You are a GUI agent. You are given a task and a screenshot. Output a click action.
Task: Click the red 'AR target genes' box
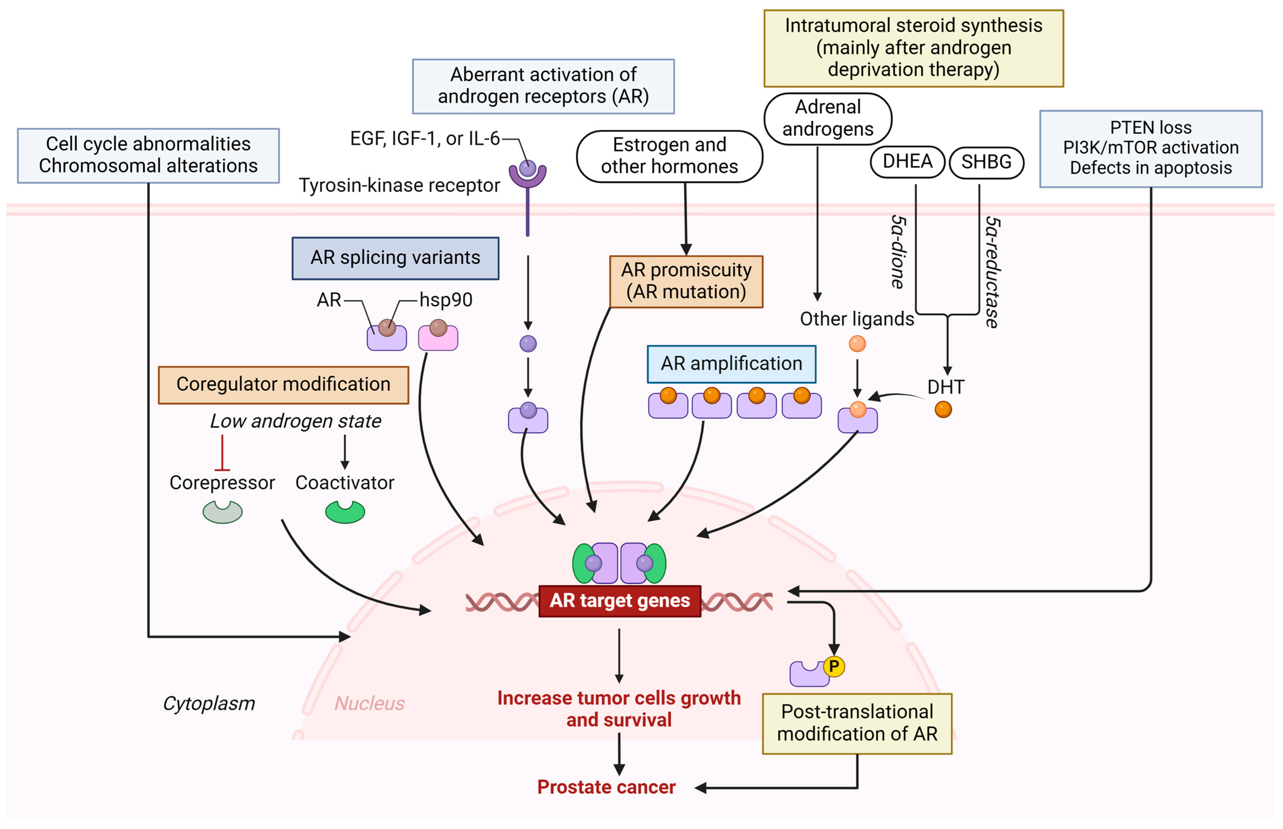tap(620, 601)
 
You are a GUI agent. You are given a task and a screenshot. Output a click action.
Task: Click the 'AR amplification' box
tap(731, 364)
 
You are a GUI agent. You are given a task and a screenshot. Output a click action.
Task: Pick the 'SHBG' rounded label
tap(986, 162)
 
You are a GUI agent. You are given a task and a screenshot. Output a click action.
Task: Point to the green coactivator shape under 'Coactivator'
tap(345, 512)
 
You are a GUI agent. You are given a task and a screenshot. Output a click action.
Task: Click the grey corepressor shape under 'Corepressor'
tap(222, 512)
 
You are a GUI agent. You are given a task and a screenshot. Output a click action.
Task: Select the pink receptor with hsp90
tap(438, 337)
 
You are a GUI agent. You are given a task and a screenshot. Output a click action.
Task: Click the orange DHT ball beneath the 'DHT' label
tap(943, 410)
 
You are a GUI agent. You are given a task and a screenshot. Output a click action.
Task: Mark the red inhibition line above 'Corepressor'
tap(222, 453)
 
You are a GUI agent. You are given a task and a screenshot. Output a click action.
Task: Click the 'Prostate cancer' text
tap(606, 787)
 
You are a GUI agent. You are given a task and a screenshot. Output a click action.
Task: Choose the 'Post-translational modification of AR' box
tap(857, 723)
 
